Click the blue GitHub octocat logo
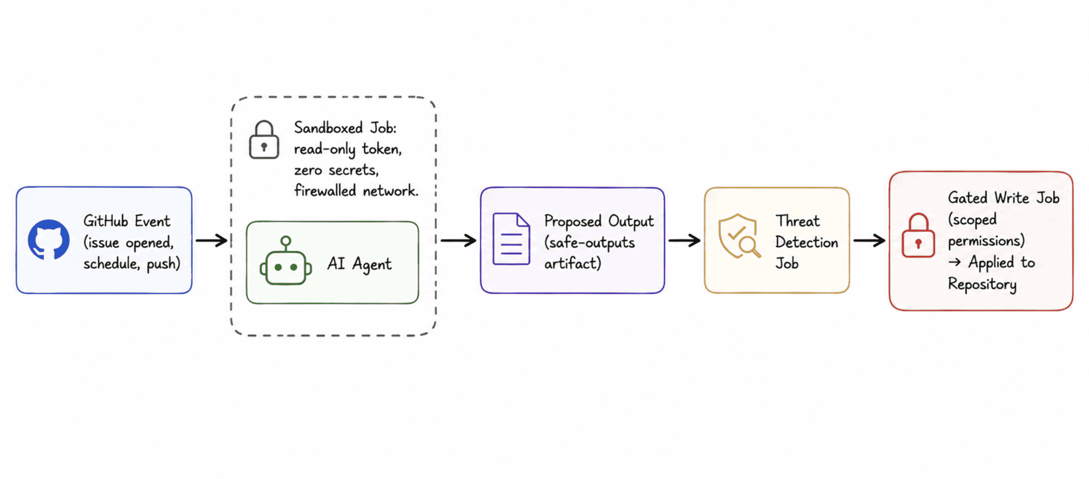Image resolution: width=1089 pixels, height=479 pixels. click(x=48, y=239)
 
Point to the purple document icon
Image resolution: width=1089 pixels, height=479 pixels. click(x=511, y=239)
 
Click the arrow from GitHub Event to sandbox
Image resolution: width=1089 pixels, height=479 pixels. click(x=211, y=241)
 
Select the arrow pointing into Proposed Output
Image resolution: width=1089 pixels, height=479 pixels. click(x=458, y=241)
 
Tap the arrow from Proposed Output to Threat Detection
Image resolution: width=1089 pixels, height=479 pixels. click(x=684, y=241)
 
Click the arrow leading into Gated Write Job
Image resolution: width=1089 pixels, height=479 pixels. click(x=869, y=241)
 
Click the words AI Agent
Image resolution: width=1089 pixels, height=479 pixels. click(x=359, y=264)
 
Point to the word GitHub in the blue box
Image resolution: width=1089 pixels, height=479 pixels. click(x=105, y=221)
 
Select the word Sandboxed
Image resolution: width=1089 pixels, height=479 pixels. click(x=328, y=128)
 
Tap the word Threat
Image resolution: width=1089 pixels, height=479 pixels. click(x=797, y=221)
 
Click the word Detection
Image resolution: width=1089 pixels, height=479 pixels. click(x=807, y=242)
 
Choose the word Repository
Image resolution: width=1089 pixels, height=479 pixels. click(x=982, y=284)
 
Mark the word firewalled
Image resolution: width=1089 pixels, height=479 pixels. click(x=325, y=190)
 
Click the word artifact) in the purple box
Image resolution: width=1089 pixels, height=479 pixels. click(x=573, y=264)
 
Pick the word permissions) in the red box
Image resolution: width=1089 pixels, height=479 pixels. click(x=986, y=241)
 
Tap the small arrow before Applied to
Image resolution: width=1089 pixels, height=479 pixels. click(x=955, y=262)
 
